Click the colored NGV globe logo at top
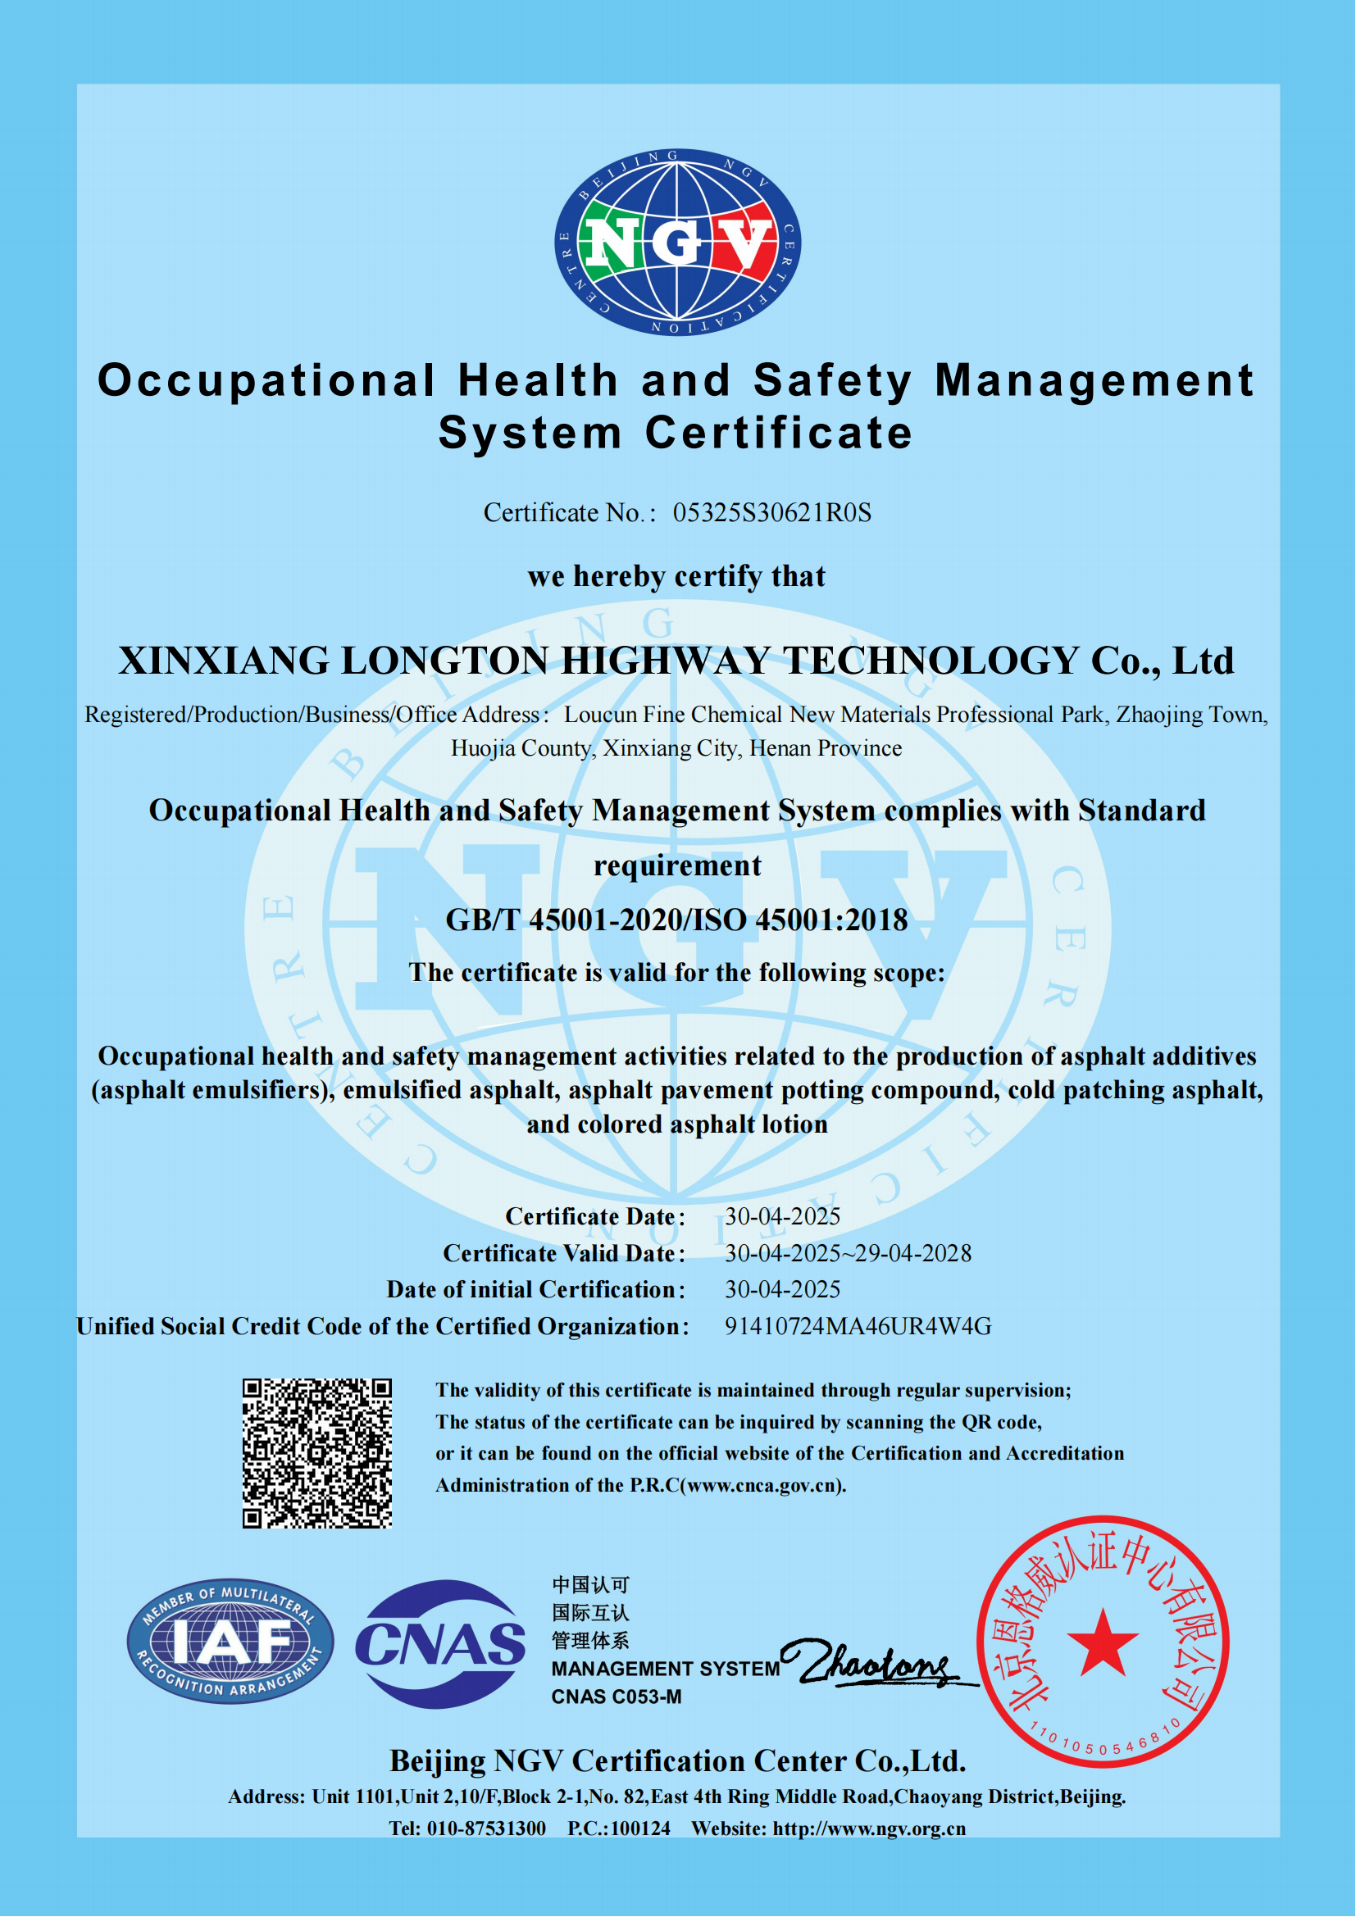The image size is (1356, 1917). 677,242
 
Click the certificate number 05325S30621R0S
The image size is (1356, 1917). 771,512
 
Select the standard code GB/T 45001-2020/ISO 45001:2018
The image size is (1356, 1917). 676,920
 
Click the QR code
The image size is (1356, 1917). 317,1453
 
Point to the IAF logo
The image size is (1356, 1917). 230,1642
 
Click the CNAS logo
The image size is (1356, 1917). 440,1643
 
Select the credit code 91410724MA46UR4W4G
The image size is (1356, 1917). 858,1326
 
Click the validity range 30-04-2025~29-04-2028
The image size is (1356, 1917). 848,1253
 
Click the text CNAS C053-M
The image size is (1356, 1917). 617,1697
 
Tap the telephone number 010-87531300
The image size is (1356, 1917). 486,1828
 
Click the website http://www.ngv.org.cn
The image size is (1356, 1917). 868,1828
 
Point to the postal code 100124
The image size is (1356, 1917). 640,1828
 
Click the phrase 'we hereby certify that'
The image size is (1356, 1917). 676,576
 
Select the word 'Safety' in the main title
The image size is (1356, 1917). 832,381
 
